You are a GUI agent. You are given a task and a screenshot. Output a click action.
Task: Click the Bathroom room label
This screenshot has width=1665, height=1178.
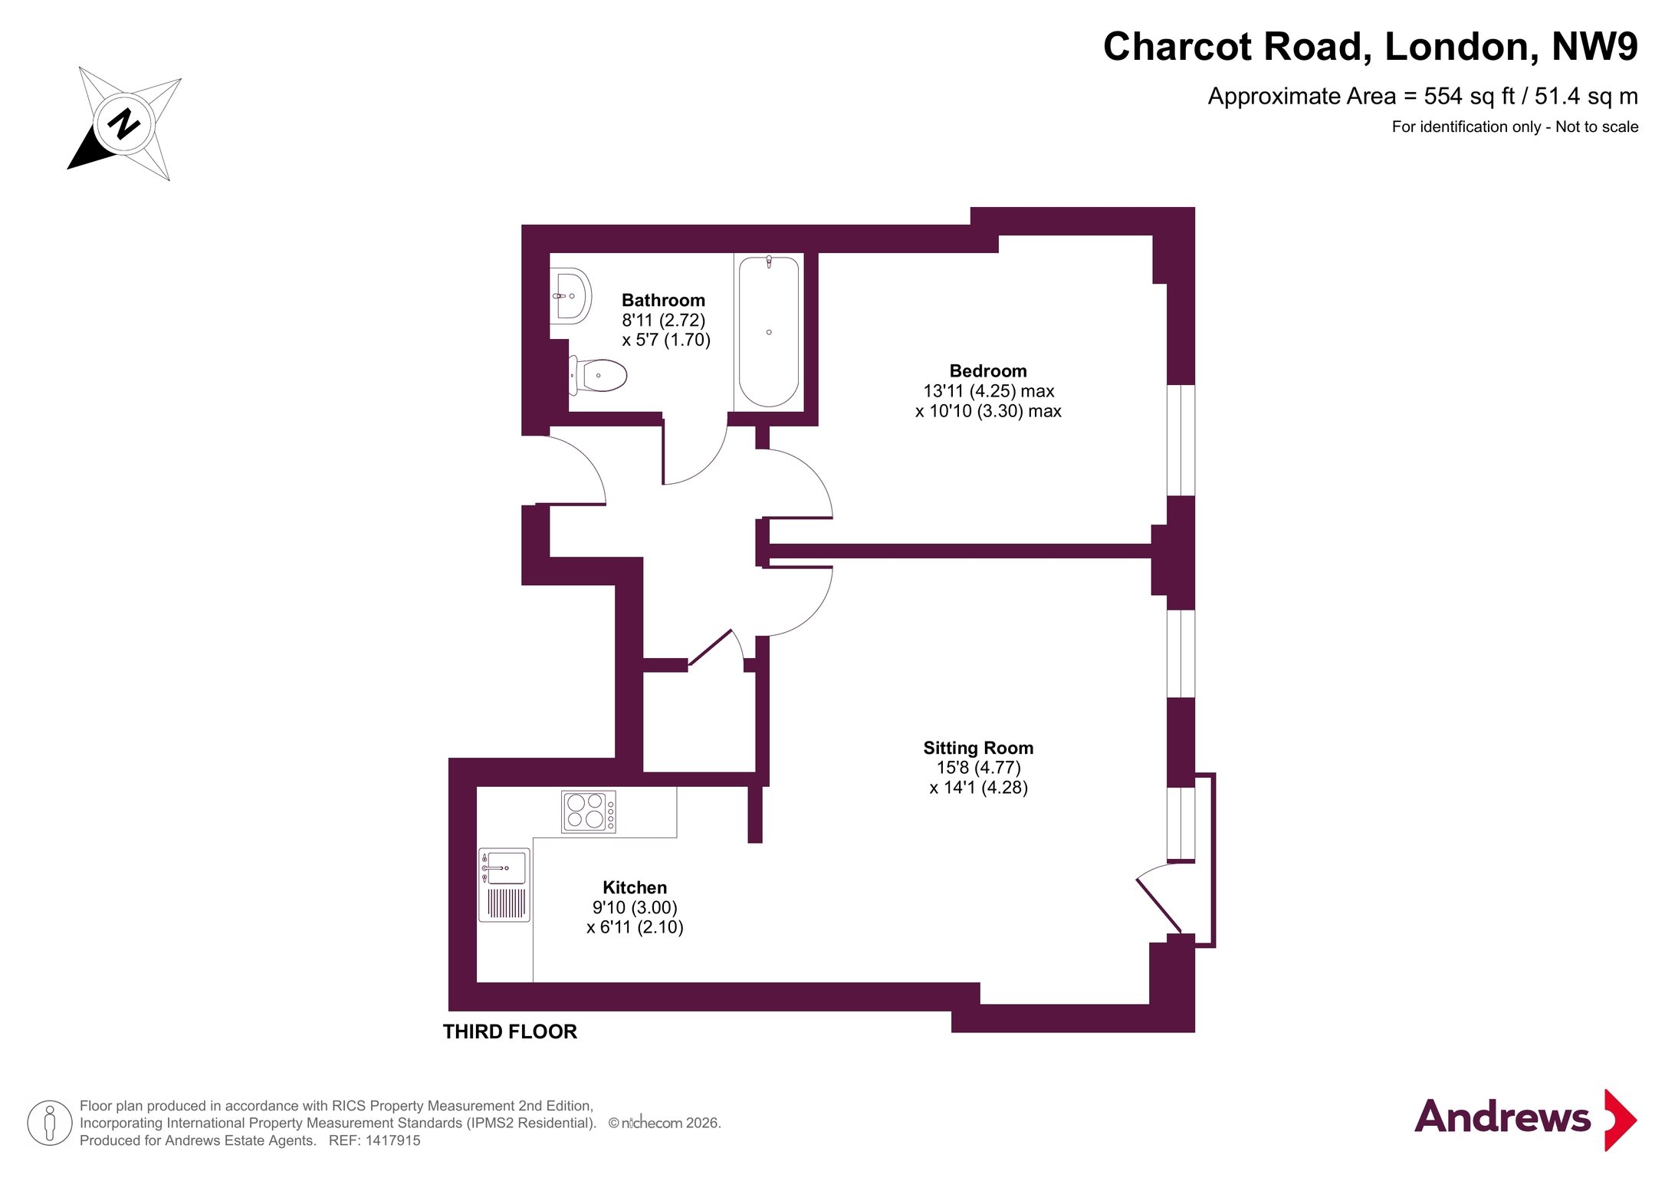pyautogui.click(x=663, y=300)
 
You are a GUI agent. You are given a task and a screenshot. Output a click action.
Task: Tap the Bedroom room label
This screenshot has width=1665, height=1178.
pyautogui.click(x=988, y=370)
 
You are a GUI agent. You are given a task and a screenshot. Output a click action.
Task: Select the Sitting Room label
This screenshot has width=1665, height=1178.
pyautogui.click(x=978, y=748)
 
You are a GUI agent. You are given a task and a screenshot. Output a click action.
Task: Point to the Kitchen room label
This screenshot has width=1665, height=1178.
pyautogui.click(x=635, y=887)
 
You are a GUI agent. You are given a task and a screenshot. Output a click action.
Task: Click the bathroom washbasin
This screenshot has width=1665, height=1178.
pyautogui.click(x=571, y=296)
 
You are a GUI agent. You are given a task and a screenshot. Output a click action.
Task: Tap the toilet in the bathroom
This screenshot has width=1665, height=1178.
pyautogui.click(x=598, y=376)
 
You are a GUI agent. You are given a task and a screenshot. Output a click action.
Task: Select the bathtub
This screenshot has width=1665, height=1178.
pyautogui.click(x=769, y=332)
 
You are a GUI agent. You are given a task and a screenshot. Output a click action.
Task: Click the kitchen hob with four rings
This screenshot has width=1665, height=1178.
pyautogui.click(x=589, y=811)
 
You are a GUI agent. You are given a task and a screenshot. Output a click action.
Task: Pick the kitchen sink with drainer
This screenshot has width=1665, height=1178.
pyautogui.click(x=504, y=884)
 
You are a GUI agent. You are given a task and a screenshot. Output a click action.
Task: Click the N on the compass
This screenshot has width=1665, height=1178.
pyautogui.click(x=123, y=123)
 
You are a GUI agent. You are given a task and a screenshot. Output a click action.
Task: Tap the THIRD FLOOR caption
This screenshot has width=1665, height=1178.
pyautogui.click(x=510, y=1032)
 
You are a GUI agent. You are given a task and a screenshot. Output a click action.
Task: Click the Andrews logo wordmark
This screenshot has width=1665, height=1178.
pyautogui.click(x=1502, y=1117)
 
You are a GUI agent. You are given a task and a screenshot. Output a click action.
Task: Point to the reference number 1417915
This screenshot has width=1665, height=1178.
pyautogui.click(x=392, y=1140)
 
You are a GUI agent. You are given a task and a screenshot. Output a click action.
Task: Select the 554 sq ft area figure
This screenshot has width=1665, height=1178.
pyautogui.click(x=1470, y=96)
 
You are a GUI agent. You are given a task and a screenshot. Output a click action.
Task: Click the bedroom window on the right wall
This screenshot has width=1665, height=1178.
pyautogui.click(x=1181, y=440)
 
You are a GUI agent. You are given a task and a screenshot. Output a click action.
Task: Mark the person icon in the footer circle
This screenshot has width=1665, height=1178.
pyautogui.click(x=50, y=1122)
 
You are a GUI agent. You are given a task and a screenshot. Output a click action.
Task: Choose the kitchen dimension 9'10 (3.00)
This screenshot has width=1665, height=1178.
pyautogui.click(x=635, y=907)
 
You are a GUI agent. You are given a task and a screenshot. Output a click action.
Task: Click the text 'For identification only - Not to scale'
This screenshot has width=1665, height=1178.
pyautogui.click(x=1515, y=127)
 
